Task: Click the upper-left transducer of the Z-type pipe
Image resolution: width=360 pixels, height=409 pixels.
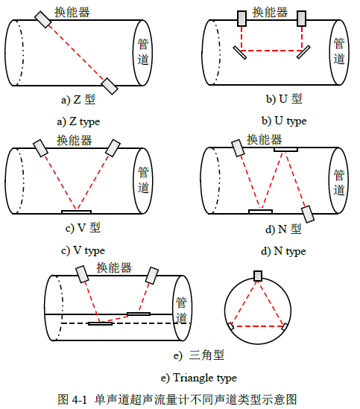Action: coord(42,19)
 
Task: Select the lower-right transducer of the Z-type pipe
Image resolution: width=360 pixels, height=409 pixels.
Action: coord(110,86)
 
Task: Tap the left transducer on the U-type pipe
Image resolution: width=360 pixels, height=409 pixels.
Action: coord(241,19)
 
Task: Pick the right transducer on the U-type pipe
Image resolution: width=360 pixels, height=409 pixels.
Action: coord(302,19)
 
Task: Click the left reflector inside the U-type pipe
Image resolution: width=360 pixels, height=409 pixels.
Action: coord(240,53)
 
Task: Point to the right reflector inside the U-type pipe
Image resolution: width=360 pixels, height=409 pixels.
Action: coord(303,52)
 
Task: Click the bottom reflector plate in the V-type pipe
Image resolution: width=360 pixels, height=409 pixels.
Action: coord(77,212)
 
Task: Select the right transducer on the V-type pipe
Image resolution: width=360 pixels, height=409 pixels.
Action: coord(113,148)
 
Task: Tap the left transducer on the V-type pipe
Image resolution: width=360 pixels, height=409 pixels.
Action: coord(40,148)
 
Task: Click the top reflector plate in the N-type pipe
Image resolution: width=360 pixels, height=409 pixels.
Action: coord(286,150)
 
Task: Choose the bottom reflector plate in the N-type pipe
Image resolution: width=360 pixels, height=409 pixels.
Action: coord(261,212)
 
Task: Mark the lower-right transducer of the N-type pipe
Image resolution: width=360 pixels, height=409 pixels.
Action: coord(308,214)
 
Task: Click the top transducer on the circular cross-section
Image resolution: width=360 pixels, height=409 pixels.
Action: coord(258,276)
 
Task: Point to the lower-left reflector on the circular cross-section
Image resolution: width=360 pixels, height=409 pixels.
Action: coord(231,326)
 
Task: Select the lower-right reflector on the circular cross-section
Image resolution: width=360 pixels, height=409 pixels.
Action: coord(285,326)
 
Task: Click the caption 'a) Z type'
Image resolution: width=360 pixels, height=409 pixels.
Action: coord(78,121)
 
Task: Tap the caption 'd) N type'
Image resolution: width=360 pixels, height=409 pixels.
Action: coord(283,251)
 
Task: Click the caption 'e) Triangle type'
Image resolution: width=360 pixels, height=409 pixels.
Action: coord(199,378)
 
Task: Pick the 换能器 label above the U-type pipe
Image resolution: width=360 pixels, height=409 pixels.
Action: coord(270,12)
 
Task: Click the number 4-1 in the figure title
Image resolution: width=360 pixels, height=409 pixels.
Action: coord(79,399)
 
